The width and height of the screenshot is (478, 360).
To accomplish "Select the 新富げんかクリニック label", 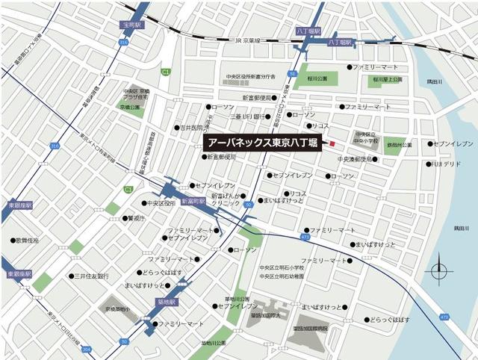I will [226, 199].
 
